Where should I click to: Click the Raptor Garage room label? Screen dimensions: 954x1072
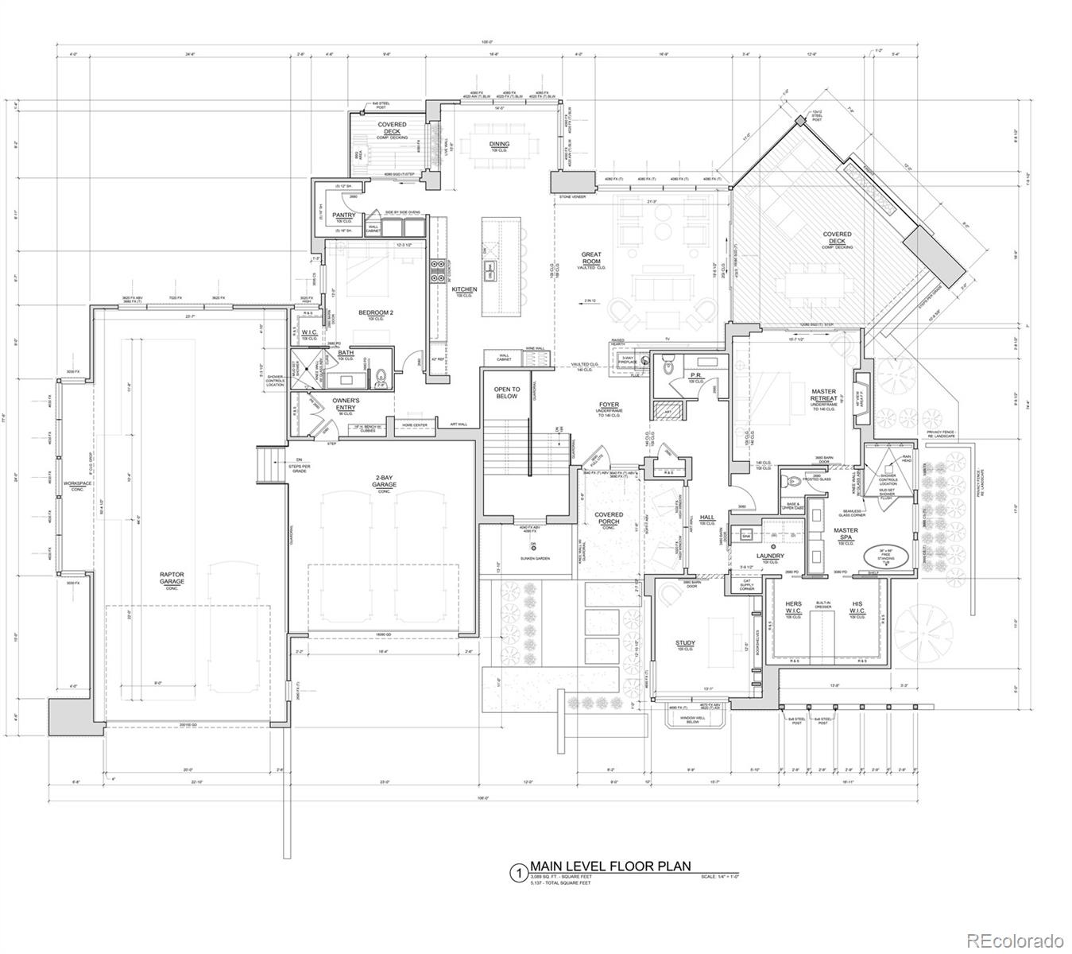click(x=172, y=578)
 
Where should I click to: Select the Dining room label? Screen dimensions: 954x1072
click(x=499, y=145)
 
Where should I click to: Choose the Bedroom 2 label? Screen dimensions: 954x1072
click(x=376, y=313)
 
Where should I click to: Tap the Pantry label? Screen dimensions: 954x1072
click(x=343, y=215)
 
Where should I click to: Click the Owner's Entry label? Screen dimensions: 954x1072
click(x=346, y=404)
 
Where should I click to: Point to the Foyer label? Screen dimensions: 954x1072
click(x=609, y=405)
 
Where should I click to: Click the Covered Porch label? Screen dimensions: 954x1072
click(x=609, y=518)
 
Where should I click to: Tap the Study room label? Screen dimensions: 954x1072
click(x=685, y=643)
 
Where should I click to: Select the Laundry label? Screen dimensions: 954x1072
click(x=770, y=556)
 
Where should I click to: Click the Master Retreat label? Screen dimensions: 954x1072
click(x=823, y=395)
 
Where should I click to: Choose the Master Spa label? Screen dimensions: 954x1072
click(x=846, y=534)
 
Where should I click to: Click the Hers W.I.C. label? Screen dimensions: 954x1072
click(x=794, y=608)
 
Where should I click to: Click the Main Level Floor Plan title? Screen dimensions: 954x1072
click(x=610, y=867)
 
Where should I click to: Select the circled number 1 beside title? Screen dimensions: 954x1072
click(x=517, y=873)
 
